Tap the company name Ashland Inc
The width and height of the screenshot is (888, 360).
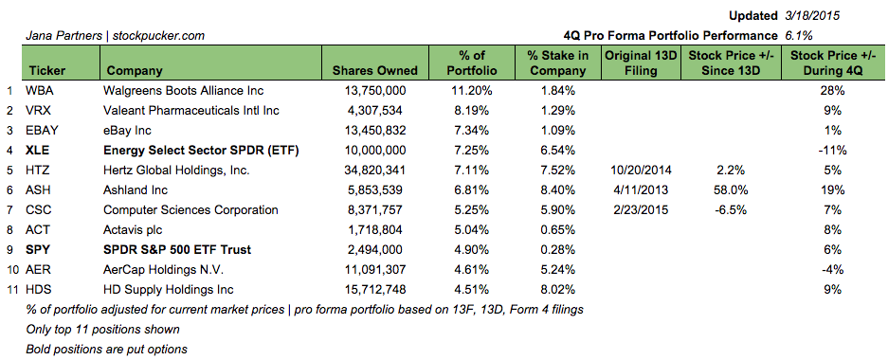coord(136,190)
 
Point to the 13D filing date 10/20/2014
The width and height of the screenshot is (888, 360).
coord(637,170)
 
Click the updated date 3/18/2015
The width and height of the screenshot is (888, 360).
coord(812,16)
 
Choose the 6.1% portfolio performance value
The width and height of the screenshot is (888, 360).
coord(799,36)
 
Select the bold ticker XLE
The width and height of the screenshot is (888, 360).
coord(39,150)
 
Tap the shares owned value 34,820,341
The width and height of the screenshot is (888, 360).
coord(375,170)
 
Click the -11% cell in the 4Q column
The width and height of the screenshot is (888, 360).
coord(834,150)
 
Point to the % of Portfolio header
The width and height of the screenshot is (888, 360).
coord(471,63)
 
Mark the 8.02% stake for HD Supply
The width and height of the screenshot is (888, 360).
coord(558,290)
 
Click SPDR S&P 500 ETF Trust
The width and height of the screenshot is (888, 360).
coord(177,249)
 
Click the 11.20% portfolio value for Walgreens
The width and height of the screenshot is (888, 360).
coord(471,90)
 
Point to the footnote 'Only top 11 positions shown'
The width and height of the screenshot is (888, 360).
coord(103,330)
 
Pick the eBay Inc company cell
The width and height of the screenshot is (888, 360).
coord(127,130)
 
